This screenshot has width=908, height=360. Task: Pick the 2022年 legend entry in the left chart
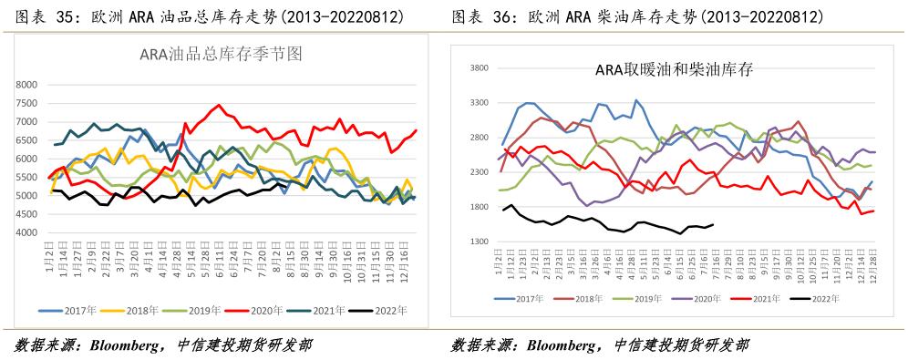387,311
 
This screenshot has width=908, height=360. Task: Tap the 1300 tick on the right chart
479,242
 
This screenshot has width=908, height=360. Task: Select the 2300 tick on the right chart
479,172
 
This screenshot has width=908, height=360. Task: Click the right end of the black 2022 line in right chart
712,225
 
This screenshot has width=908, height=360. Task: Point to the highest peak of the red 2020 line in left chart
218,105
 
